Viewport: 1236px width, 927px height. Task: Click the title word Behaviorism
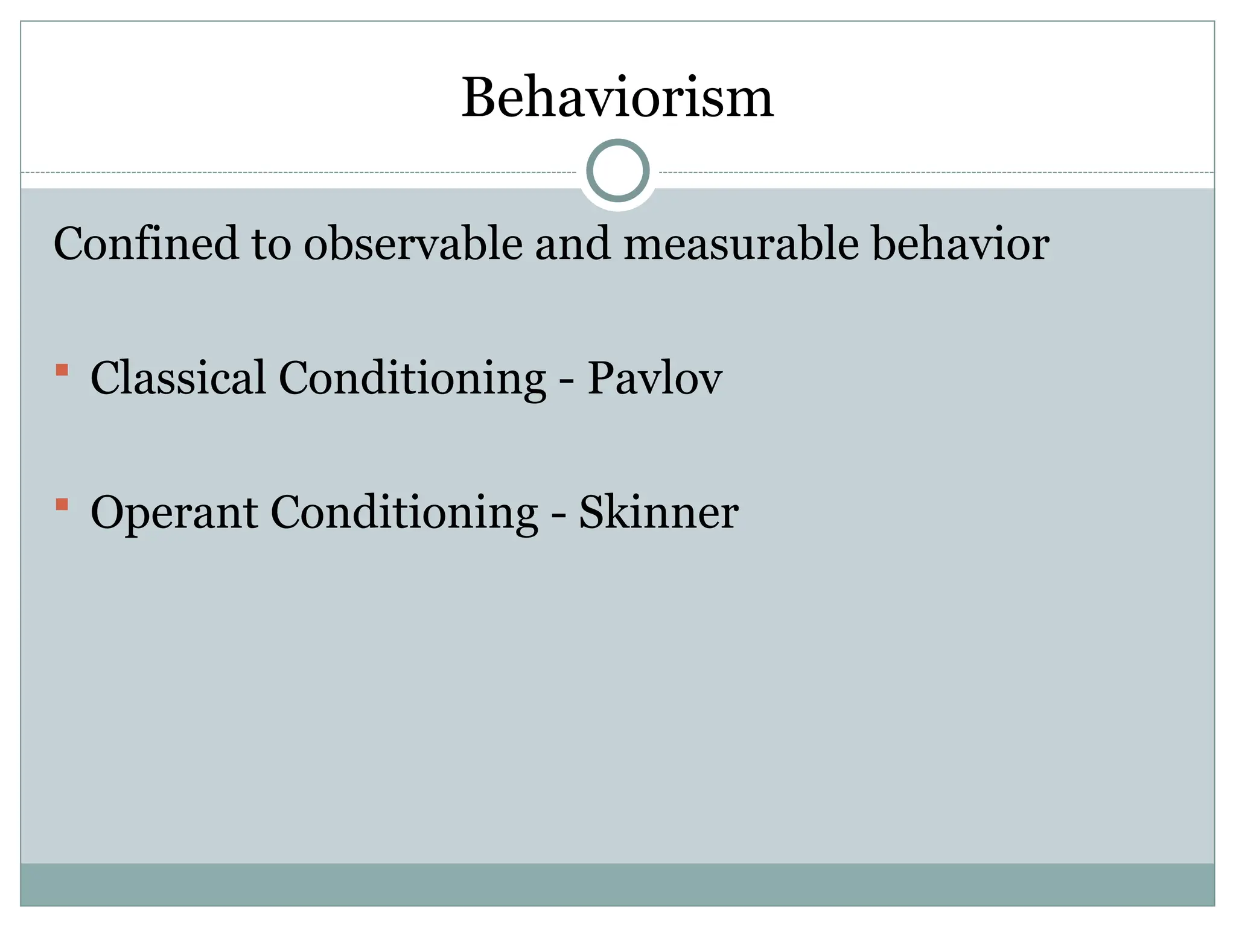[x=617, y=98]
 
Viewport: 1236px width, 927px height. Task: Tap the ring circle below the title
[x=617, y=171]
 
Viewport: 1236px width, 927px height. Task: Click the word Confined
[x=146, y=244]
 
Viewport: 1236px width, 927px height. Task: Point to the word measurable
[x=741, y=244]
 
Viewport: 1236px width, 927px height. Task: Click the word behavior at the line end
[x=961, y=244]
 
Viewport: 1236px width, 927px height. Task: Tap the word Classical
[x=178, y=378]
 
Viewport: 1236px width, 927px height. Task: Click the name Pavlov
[x=655, y=378]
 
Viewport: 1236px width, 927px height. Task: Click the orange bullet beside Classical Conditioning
[x=62, y=369]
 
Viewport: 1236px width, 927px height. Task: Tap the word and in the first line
[x=573, y=244]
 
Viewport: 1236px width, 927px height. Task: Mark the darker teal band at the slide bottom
[x=617, y=884]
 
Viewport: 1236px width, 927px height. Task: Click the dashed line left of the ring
[x=302, y=173]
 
